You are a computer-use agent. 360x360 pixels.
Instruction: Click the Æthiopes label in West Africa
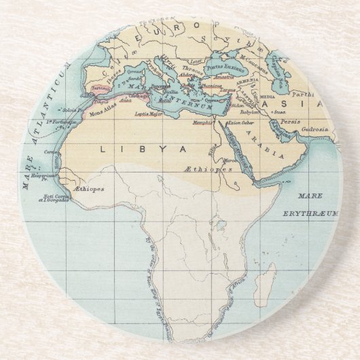pyautogui.click(x=90, y=189)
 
